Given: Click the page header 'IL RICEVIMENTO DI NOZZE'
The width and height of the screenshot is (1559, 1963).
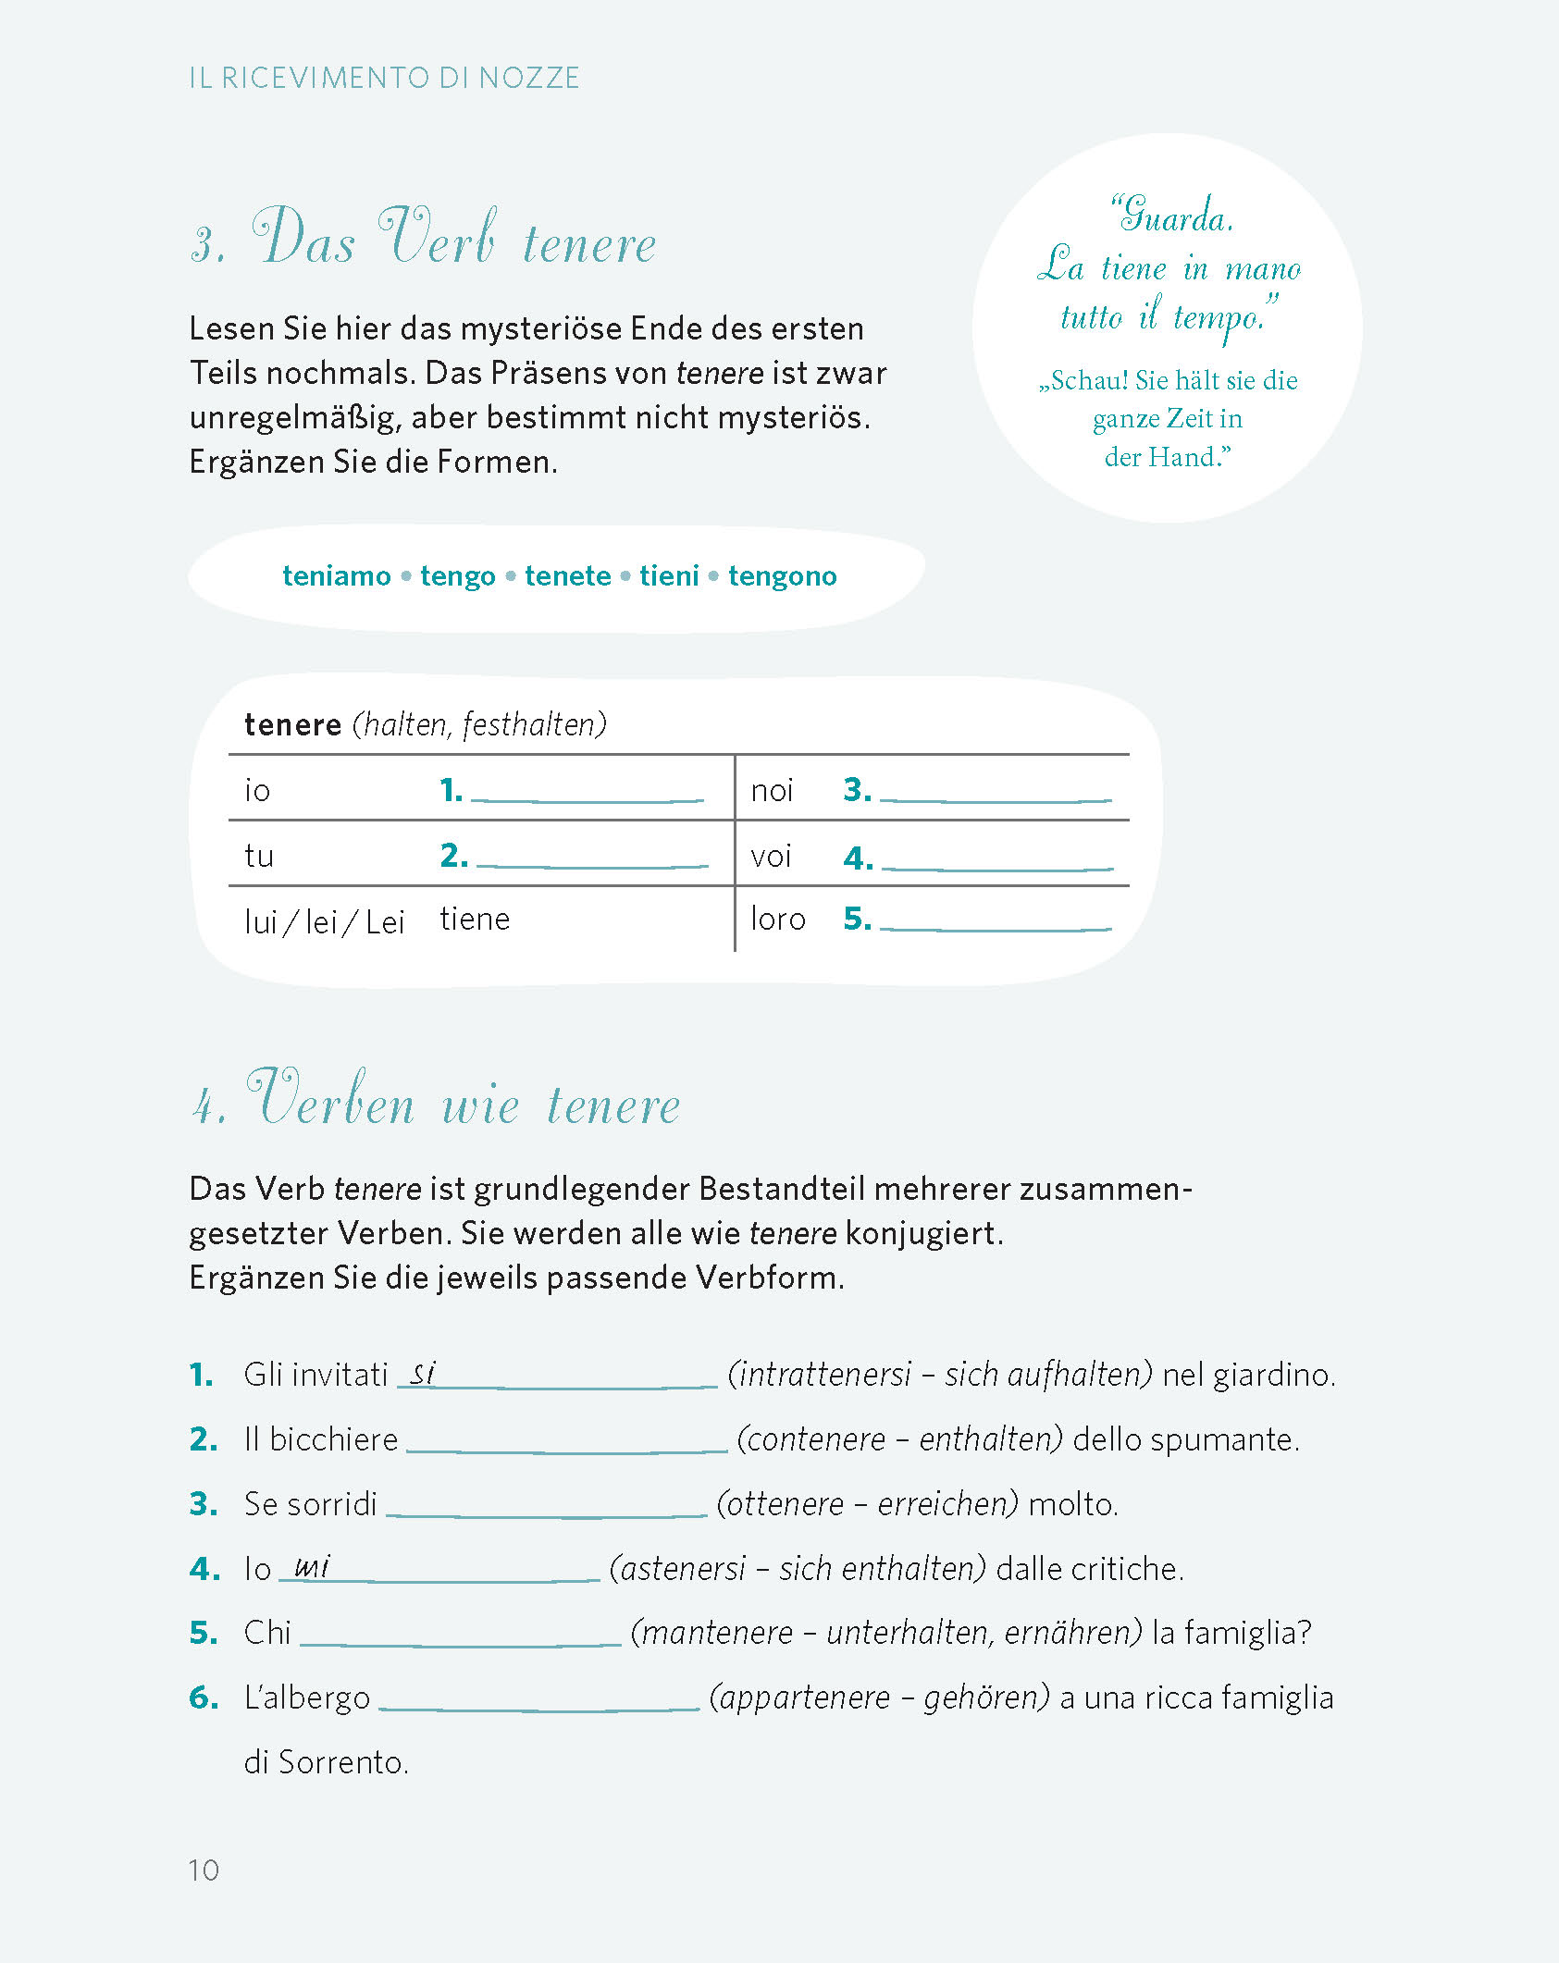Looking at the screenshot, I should pos(384,78).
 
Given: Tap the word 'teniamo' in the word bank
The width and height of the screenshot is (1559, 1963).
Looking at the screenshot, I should pos(336,575).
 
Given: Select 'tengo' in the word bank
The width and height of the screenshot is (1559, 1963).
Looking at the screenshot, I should pos(457,575).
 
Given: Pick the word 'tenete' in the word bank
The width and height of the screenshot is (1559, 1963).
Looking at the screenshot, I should pos(567,575).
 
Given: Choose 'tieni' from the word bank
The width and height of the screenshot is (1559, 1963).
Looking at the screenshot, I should pos(669,575).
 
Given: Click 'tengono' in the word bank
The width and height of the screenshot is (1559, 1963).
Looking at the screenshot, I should pos(782,575).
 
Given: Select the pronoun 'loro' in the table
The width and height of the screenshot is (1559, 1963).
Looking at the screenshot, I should pos(777,919).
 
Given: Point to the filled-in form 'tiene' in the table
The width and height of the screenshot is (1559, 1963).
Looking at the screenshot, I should pos(475,919).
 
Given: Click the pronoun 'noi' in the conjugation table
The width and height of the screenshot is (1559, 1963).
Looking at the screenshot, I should pos(772,790).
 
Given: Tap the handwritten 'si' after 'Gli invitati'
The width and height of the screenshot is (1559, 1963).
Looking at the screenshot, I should pos(423,1373).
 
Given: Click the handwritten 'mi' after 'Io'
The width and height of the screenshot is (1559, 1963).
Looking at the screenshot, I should pos(312,1566).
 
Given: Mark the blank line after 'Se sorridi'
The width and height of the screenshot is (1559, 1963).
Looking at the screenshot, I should pos(546,1512).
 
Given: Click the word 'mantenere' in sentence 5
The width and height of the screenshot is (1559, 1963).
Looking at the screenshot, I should pos(717,1633).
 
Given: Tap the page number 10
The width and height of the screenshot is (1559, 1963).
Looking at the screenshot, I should pos(204,1870).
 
